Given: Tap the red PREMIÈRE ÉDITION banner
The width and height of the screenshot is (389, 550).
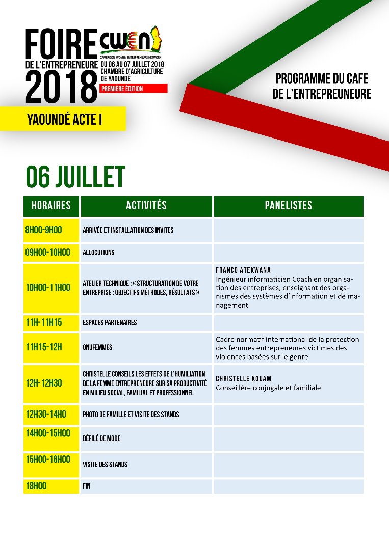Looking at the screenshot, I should pos(134,89).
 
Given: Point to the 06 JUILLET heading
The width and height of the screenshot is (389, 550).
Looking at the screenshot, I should pos(75,177).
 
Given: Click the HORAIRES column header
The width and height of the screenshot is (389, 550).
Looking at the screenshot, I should pos(51,206).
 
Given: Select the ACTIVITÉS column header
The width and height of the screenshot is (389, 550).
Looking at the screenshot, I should pos(146,206).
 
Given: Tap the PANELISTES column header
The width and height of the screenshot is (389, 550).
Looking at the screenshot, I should pos(289,206).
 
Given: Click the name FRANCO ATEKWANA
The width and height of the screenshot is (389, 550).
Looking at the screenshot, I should pos(243,270).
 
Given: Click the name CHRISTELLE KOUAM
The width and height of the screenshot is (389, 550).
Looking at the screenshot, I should pos(243,379).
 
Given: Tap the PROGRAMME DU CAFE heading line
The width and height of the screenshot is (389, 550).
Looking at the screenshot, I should pos(321,79).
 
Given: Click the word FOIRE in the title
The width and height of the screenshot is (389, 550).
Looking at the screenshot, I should pos(61,44).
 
